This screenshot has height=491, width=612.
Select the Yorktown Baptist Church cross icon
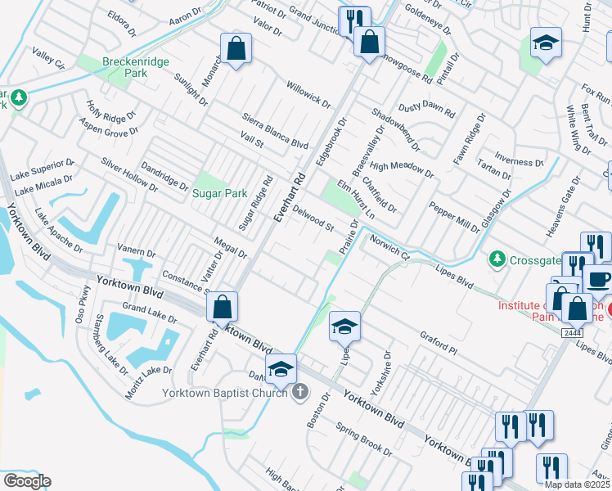[x=300, y=392]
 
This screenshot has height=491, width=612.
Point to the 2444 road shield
[x=572, y=332]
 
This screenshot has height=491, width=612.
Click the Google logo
[x=27, y=481]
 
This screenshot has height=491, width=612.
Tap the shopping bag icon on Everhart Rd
[x=222, y=308]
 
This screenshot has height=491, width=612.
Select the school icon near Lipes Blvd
[x=344, y=327]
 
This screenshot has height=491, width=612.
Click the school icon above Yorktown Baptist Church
[x=281, y=369]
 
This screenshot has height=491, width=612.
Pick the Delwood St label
[x=313, y=219]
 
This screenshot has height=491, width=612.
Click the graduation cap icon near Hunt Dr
[x=546, y=44]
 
